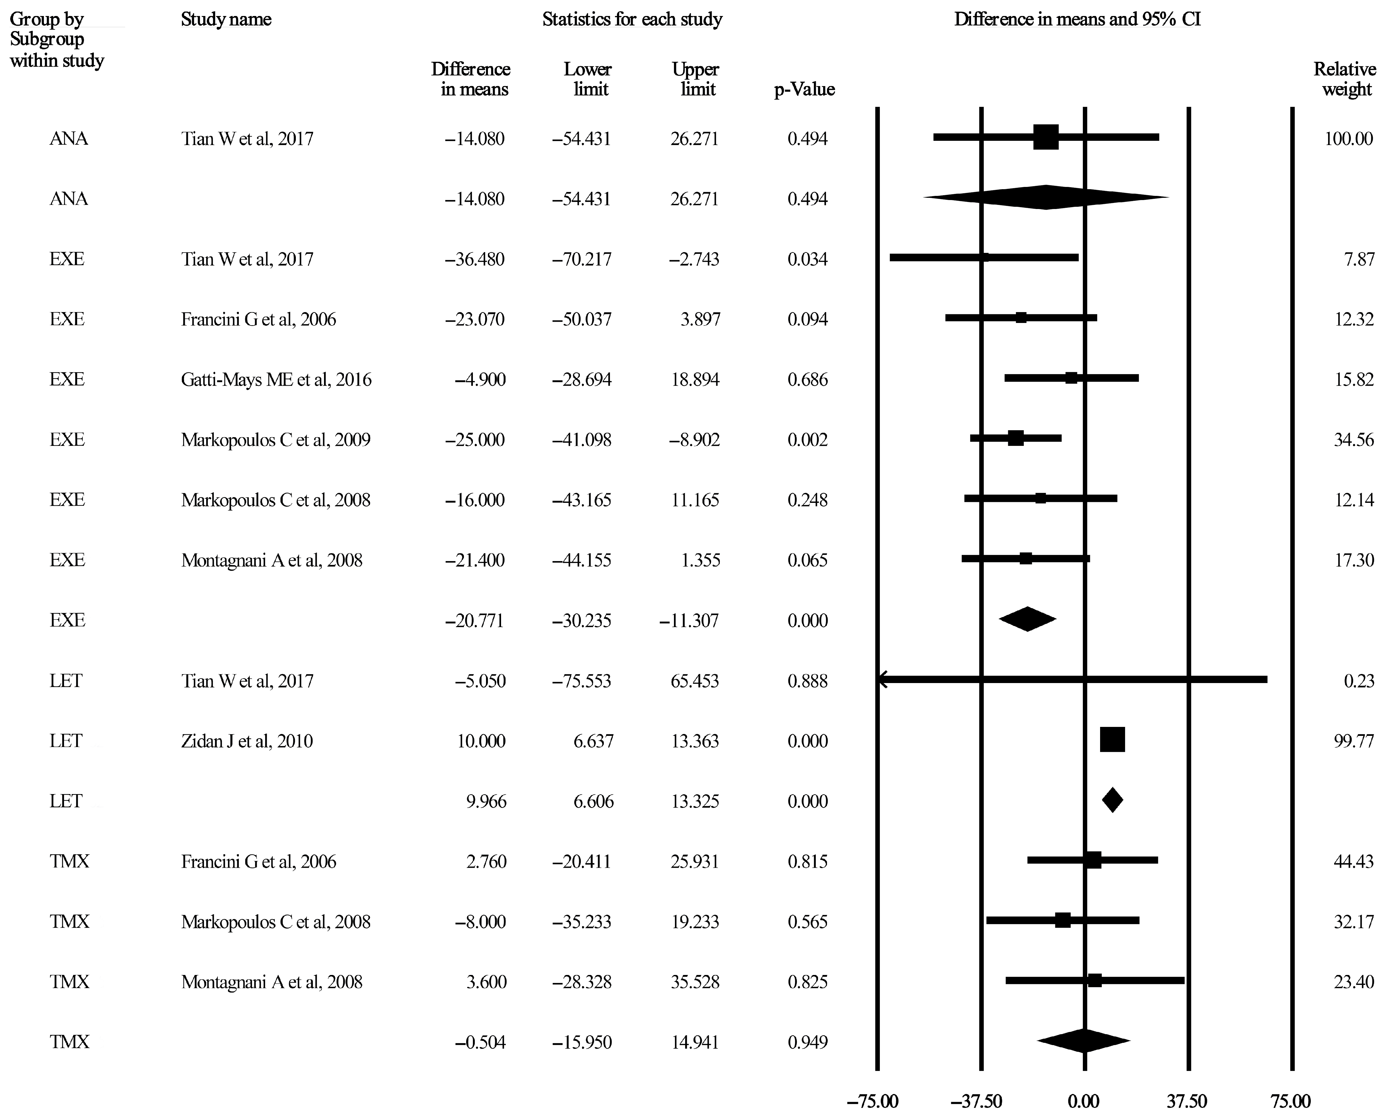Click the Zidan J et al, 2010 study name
247,741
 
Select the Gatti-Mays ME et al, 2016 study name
276,380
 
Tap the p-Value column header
804,90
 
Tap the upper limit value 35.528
694,982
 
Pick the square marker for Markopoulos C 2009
1015,438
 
